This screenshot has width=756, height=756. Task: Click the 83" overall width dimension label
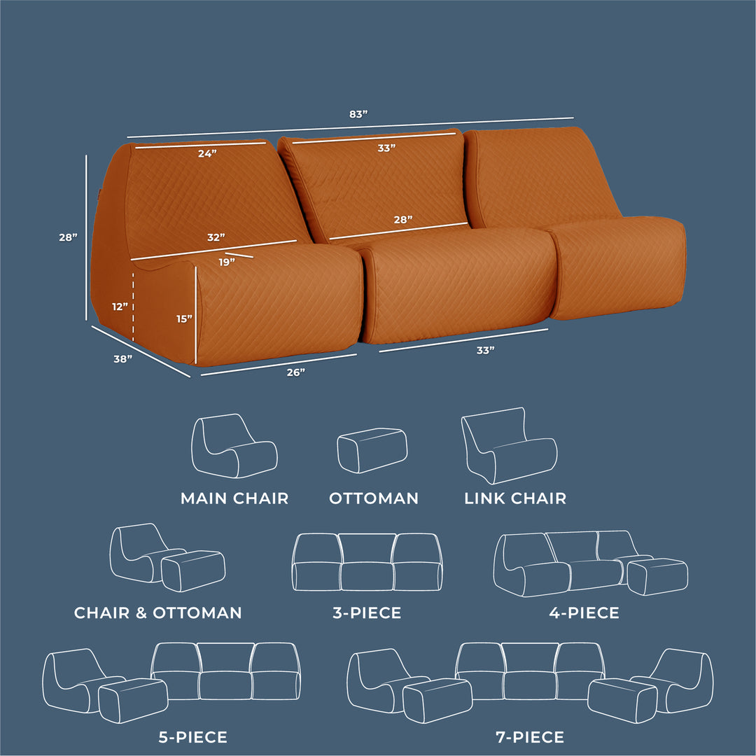coord(358,114)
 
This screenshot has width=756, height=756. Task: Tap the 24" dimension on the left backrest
coord(207,154)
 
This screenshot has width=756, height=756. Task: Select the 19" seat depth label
coord(227,262)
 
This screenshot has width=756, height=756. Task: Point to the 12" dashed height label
coord(120,307)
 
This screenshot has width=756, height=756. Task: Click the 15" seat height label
coord(184,318)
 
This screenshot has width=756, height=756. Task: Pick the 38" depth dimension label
coord(123,358)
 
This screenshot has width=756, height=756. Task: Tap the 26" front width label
coord(295,372)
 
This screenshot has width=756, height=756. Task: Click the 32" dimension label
coord(216,237)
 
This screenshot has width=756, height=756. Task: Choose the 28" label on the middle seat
coord(403,220)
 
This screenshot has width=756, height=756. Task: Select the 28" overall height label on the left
coord(68,237)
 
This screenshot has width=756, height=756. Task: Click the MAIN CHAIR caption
coord(234,498)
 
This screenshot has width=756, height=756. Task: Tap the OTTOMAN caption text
coord(374,498)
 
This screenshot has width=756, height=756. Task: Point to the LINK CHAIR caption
coord(515,498)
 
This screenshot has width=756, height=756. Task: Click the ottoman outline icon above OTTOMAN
coord(372,450)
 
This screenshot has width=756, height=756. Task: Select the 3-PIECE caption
coord(367,612)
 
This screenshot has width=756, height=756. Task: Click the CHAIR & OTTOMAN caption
coord(157,612)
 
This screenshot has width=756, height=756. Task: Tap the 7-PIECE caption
coord(530,737)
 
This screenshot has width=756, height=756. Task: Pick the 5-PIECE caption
coord(193,737)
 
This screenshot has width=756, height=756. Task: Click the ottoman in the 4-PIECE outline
coord(657,576)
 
